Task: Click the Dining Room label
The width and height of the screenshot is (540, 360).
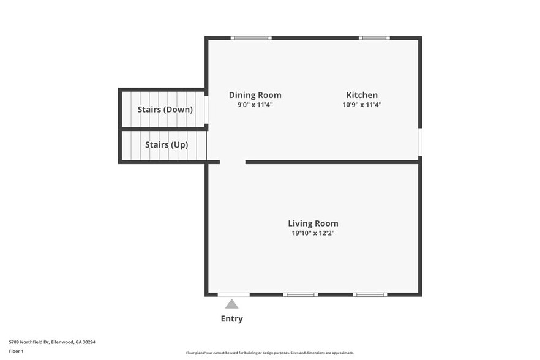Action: pyautogui.click(x=255, y=95)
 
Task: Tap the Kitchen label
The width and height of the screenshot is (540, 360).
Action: pyautogui.click(x=362, y=95)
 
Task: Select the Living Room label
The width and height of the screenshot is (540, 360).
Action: pyautogui.click(x=313, y=223)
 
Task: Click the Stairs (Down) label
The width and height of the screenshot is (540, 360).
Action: pyautogui.click(x=165, y=110)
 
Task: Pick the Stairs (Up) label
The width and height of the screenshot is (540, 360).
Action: pyautogui.click(x=166, y=145)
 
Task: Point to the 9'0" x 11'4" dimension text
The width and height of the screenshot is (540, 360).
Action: pyautogui.click(x=255, y=105)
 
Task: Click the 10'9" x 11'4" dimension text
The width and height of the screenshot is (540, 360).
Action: pyautogui.click(x=362, y=105)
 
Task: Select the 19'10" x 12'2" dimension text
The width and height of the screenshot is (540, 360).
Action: pyautogui.click(x=313, y=233)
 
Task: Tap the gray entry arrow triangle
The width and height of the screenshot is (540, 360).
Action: pyautogui.click(x=231, y=304)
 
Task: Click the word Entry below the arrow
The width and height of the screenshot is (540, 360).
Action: pyautogui.click(x=231, y=318)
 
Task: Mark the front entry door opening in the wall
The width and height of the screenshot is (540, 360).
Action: pyautogui.click(x=233, y=294)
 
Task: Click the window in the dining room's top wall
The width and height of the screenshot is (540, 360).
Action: pyautogui.click(x=251, y=38)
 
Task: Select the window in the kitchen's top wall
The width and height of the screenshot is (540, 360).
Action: pyautogui.click(x=374, y=38)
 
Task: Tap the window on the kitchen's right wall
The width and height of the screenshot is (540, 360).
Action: pyautogui.click(x=420, y=141)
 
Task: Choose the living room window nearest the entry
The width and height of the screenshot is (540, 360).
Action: pyautogui.click(x=300, y=294)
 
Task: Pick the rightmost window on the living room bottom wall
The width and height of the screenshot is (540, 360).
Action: pyautogui.click(x=370, y=294)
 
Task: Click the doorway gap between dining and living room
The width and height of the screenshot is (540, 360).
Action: pyautogui.click(x=233, y=162)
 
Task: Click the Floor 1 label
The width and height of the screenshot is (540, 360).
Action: pyautogui.click(x=16, y=351)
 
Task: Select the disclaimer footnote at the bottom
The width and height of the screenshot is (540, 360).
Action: pyautogui.click(x=269, y=353)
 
